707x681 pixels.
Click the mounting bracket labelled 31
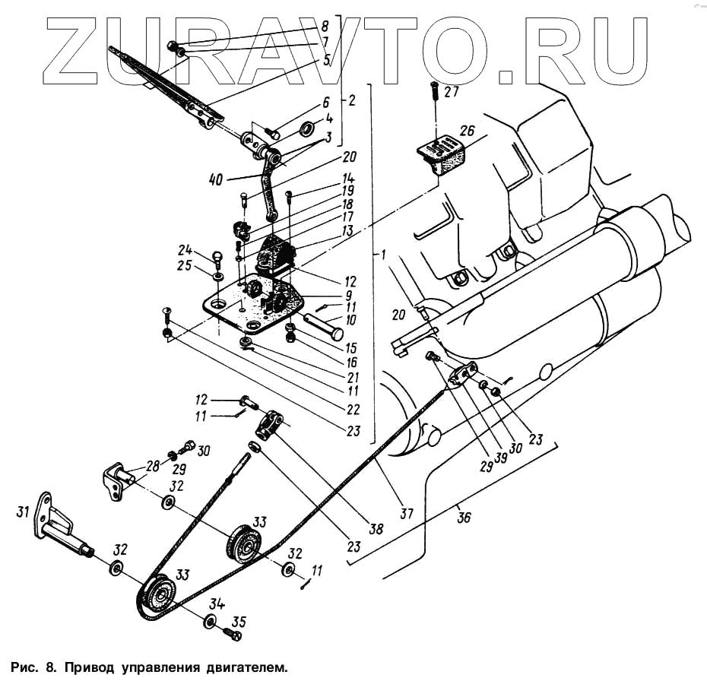pos(53,524)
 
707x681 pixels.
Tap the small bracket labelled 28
pos(116,480)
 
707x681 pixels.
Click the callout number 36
pos(464,518)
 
